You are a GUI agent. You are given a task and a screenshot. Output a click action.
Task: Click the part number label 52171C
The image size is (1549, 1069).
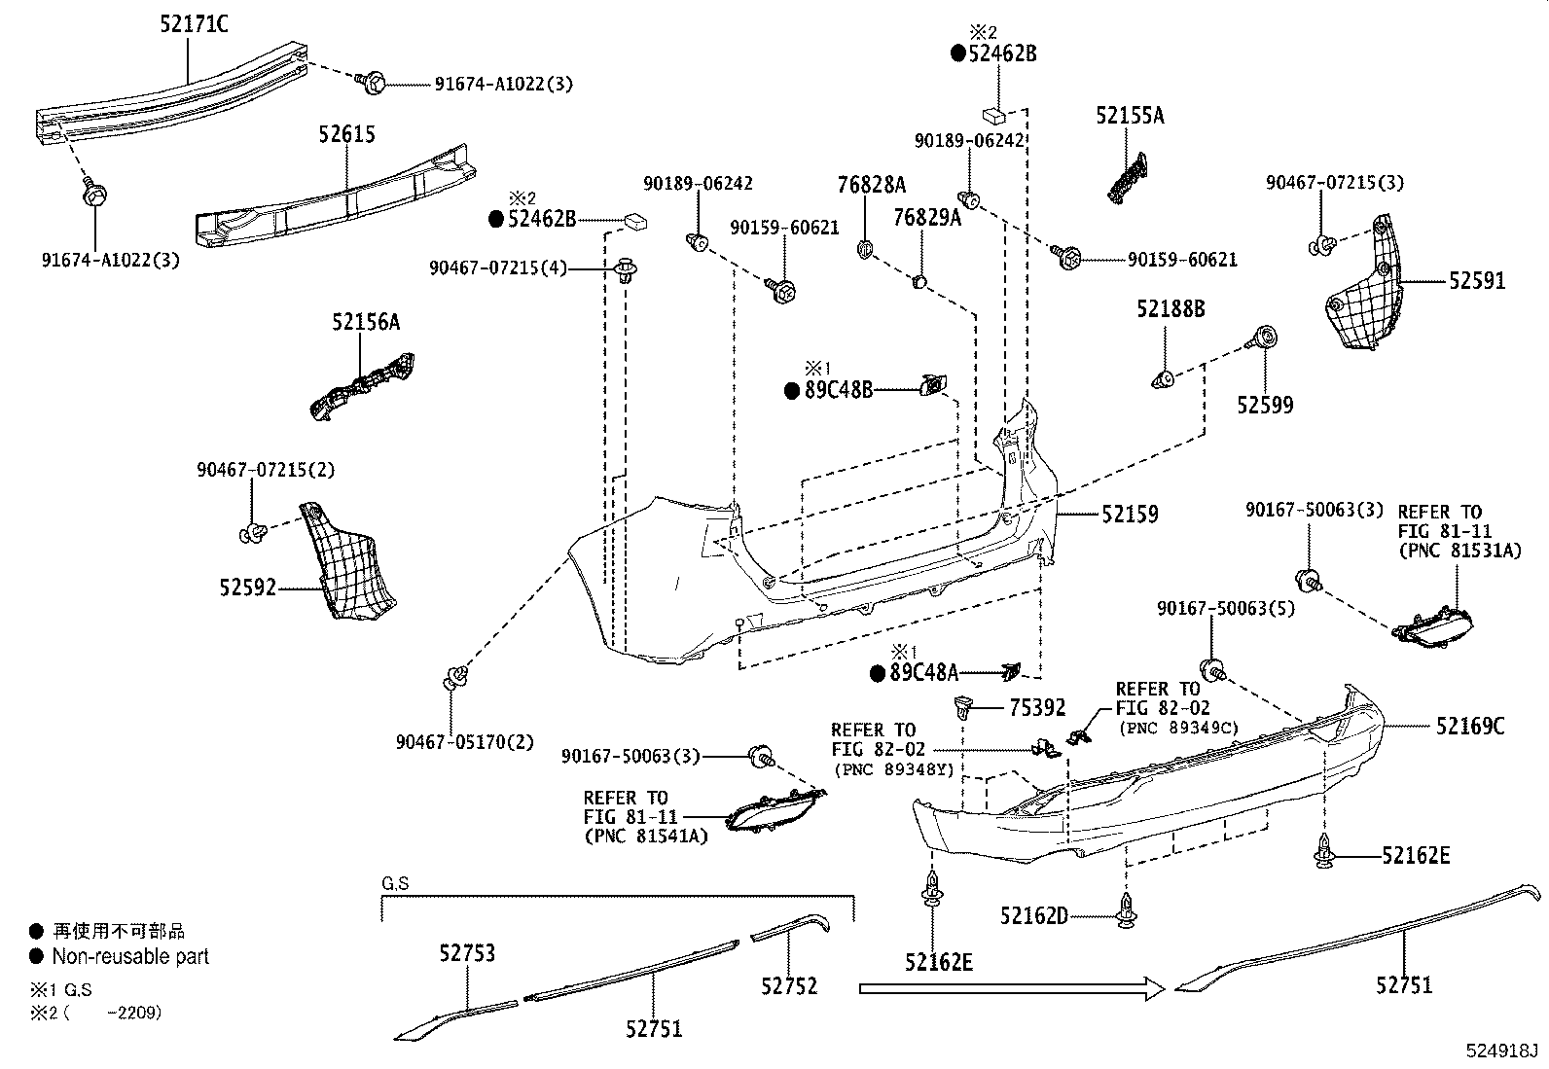coord(195,24)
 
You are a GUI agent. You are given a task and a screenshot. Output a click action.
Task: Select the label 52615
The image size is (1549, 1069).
coord(346,134)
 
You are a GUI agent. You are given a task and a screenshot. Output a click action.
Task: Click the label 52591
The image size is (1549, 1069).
coord(1476,281)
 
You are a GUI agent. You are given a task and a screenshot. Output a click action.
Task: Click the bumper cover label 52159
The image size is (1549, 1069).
coord(1130,514)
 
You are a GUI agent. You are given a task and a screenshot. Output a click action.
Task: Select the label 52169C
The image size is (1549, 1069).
coord(1469,726)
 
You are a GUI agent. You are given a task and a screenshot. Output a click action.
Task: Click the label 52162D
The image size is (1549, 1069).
coord(1033,915)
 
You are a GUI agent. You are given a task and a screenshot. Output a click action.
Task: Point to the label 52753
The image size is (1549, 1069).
coord(466,953)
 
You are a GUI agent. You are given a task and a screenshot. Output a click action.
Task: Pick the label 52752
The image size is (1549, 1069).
coord(789,985)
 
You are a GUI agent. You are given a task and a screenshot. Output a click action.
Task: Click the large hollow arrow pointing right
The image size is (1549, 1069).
coord(1012,989)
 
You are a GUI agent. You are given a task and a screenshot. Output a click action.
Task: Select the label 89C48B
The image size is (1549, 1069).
coord(838,390)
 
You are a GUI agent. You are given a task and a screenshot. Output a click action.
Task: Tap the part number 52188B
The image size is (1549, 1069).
coord(1171,309)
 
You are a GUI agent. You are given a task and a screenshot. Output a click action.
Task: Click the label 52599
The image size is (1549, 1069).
coord(1265,405)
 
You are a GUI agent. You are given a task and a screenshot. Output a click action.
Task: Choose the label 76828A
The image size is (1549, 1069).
coord(872,185)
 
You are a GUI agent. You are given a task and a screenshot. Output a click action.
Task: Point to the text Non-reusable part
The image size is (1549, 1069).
coord(130,956)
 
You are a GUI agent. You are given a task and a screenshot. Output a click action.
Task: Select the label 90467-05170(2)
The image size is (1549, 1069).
coord(465,742)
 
